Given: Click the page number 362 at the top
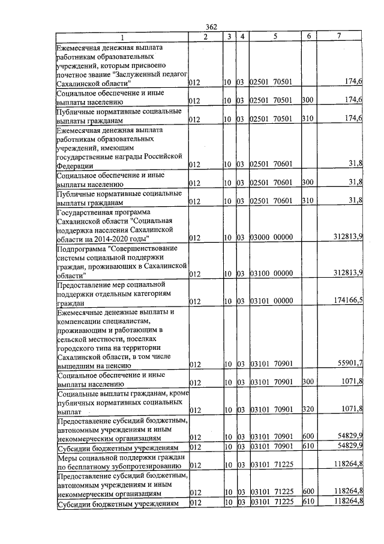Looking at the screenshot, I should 211,26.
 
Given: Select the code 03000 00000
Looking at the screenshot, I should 271,237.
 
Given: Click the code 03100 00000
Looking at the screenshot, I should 271,273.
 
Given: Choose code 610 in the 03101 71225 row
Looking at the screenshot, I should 308,501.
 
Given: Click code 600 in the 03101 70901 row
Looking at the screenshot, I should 308,437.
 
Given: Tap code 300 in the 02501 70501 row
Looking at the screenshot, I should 308,100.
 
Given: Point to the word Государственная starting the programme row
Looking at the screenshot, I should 86,212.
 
